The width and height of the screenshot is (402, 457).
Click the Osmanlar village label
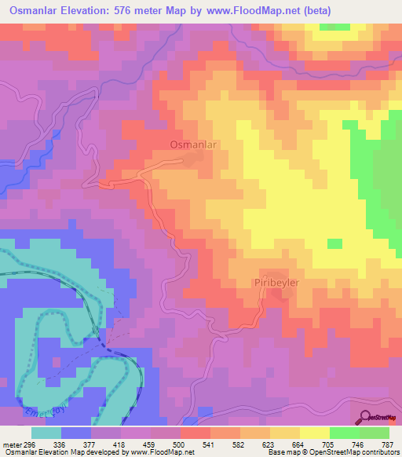pyautogui.click(x=192, y=144)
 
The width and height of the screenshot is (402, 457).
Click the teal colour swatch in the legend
pyautogui.click(x=46, y=433)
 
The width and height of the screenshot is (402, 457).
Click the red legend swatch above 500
pyautogui.click(x=196, y=433)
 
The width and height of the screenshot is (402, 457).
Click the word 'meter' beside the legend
pyautogui.click(x=12, y=444)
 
